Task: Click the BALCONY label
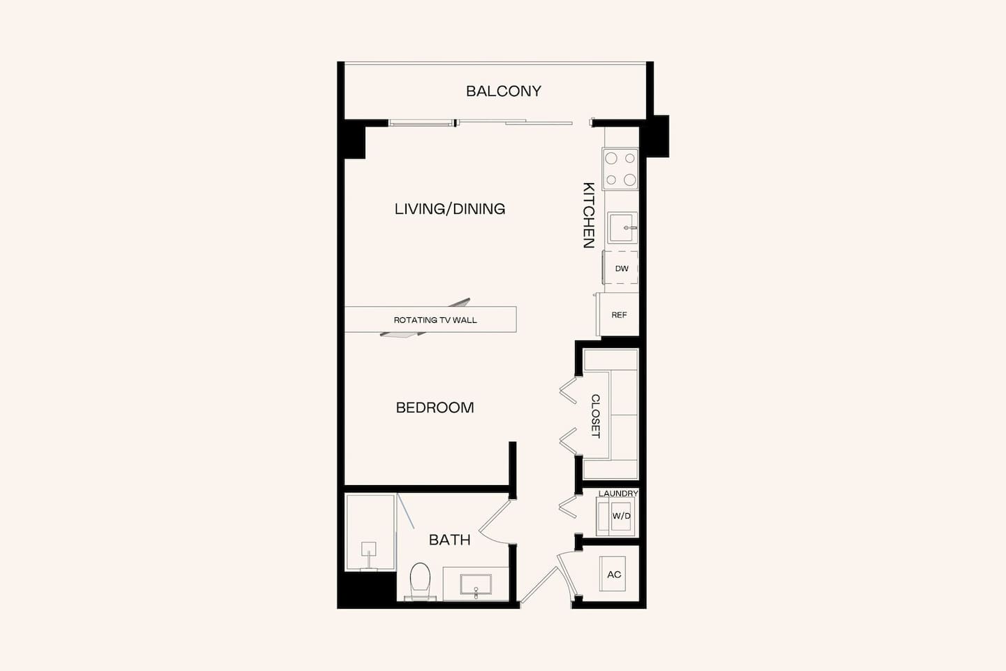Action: tap(503, 91)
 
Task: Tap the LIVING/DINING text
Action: tap(450, 208)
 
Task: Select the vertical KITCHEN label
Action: tap(589, 215)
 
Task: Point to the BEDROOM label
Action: tap(435, 407)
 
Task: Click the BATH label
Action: tap(449, 540)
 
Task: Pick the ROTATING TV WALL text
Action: tap(435, 320)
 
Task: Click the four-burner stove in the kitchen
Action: tap(620, 169)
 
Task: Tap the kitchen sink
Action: tap(621, 228)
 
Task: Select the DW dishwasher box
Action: tap(621, 268)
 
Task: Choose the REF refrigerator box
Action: tap(619, 315)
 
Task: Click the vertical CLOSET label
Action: tap(596, 416)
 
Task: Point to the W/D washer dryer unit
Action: tap(620, 517)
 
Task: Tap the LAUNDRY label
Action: tap(618, 493)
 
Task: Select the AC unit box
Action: tap(614, 575)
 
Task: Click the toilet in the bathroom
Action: tap(420, 581)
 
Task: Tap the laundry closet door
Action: tap(568, 507)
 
